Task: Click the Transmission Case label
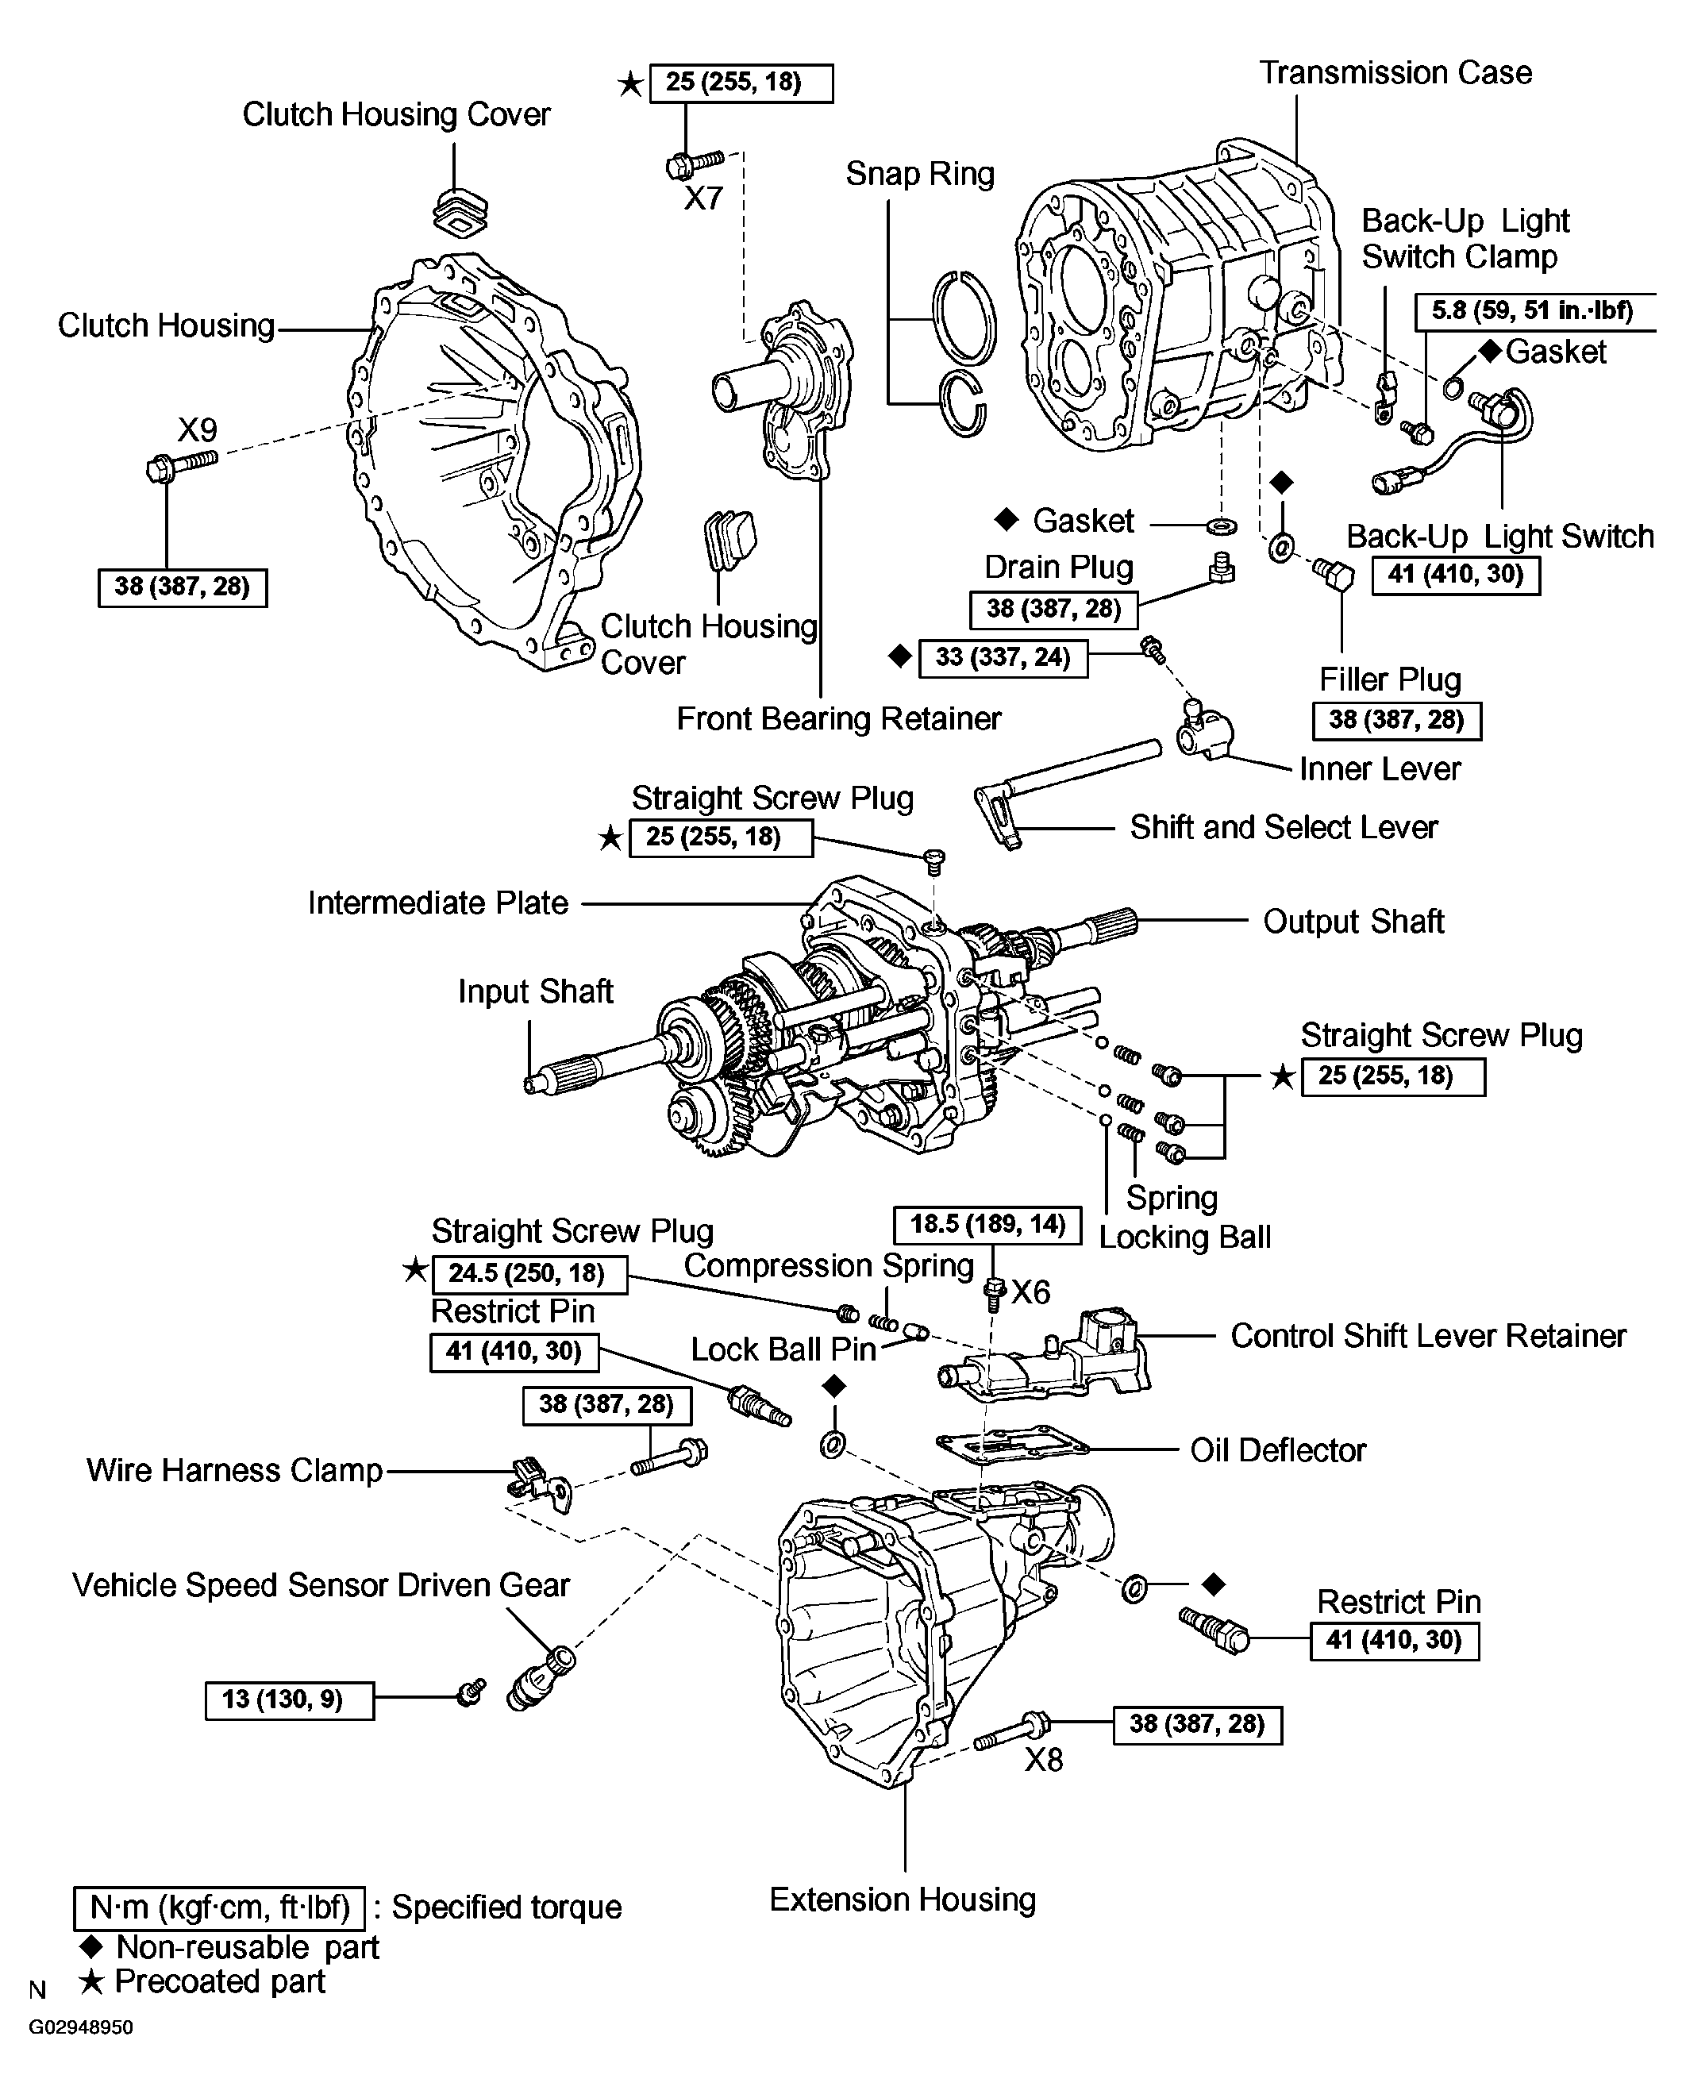[x=1395, y=73]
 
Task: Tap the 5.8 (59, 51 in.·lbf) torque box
[x=1533, y=311]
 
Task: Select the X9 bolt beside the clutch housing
[x=182, y=464]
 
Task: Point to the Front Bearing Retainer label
[x=838, y=718]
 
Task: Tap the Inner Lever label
[x=1379, y=768]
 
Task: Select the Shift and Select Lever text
[x=1282, y=827]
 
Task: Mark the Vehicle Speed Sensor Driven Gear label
[x=321, y=1585]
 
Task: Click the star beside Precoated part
[x=91, y=1981]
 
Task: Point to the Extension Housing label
[x=903, y=1900]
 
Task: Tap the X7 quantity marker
[x=703, y=199]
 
